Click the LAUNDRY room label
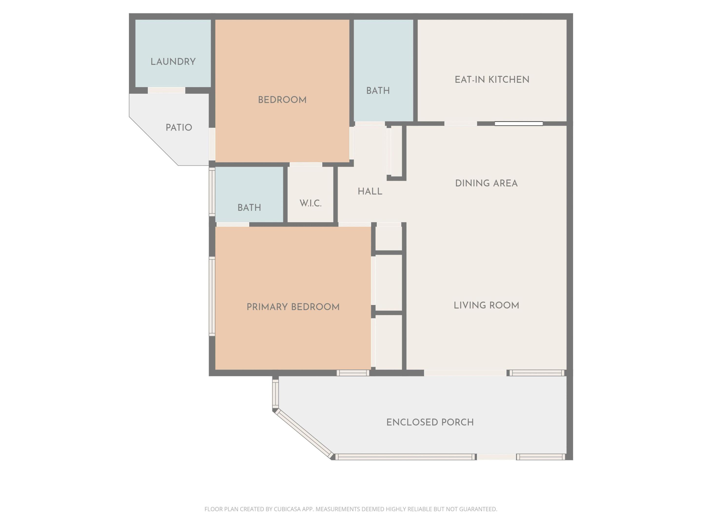[x=173, y=62]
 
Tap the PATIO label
[x=179, y=128]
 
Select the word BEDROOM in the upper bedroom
[x=282, y=100]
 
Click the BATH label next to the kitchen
[x=378, y=91]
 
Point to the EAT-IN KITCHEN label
[x=492, y=80]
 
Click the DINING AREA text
[x=486, y=183]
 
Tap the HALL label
[x=370, y=192]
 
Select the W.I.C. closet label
[x=310, y=203]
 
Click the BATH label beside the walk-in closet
[x=249, y=208]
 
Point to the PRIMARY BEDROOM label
[x=293, y=307]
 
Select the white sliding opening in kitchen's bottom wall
[x=518, y=123]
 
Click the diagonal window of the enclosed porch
[x=304, y=433]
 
